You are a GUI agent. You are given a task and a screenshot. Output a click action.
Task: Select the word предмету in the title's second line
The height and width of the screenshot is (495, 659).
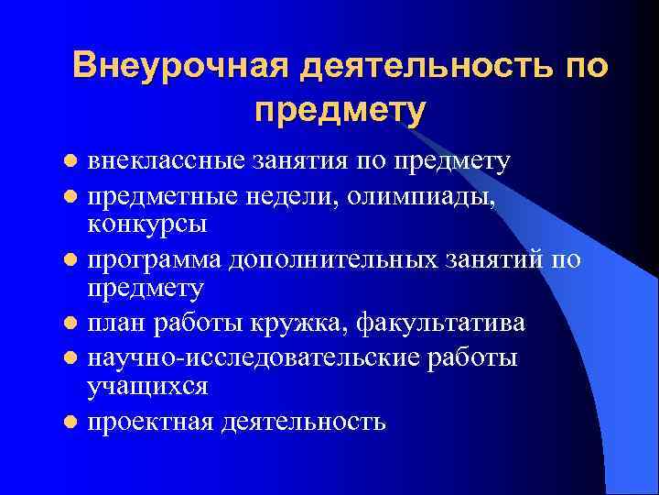(340, 111)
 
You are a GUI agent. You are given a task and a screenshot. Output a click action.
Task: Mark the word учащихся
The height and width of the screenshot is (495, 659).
(147, 386)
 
